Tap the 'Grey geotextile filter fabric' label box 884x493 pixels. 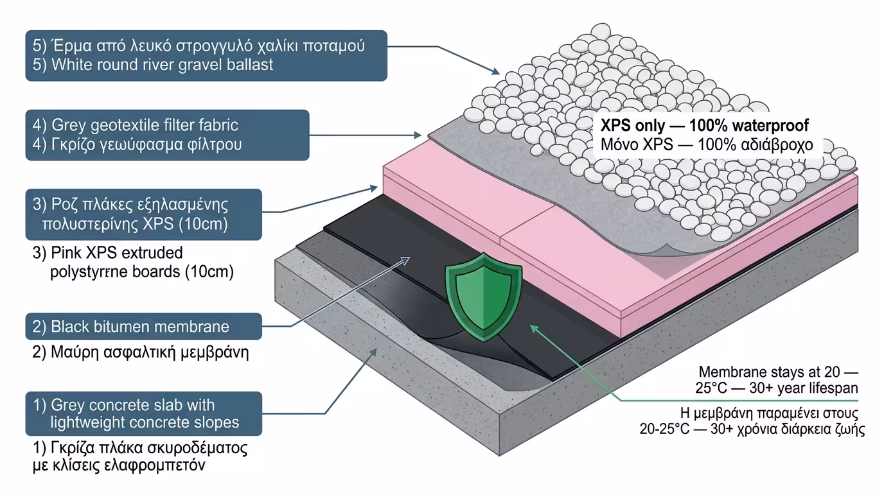coord(167,135)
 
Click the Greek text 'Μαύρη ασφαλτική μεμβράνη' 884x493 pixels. coord(140,352)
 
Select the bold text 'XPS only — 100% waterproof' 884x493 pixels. coord(704,125)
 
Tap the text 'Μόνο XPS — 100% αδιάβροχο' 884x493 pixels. coord(707,145)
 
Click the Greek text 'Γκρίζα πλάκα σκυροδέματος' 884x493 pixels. coord(140,447)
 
